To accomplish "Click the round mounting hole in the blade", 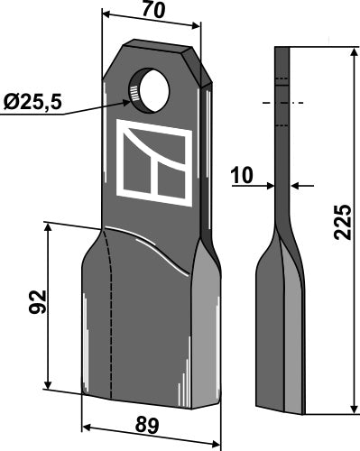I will [152, 89].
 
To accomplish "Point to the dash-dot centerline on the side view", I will [282, 104].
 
